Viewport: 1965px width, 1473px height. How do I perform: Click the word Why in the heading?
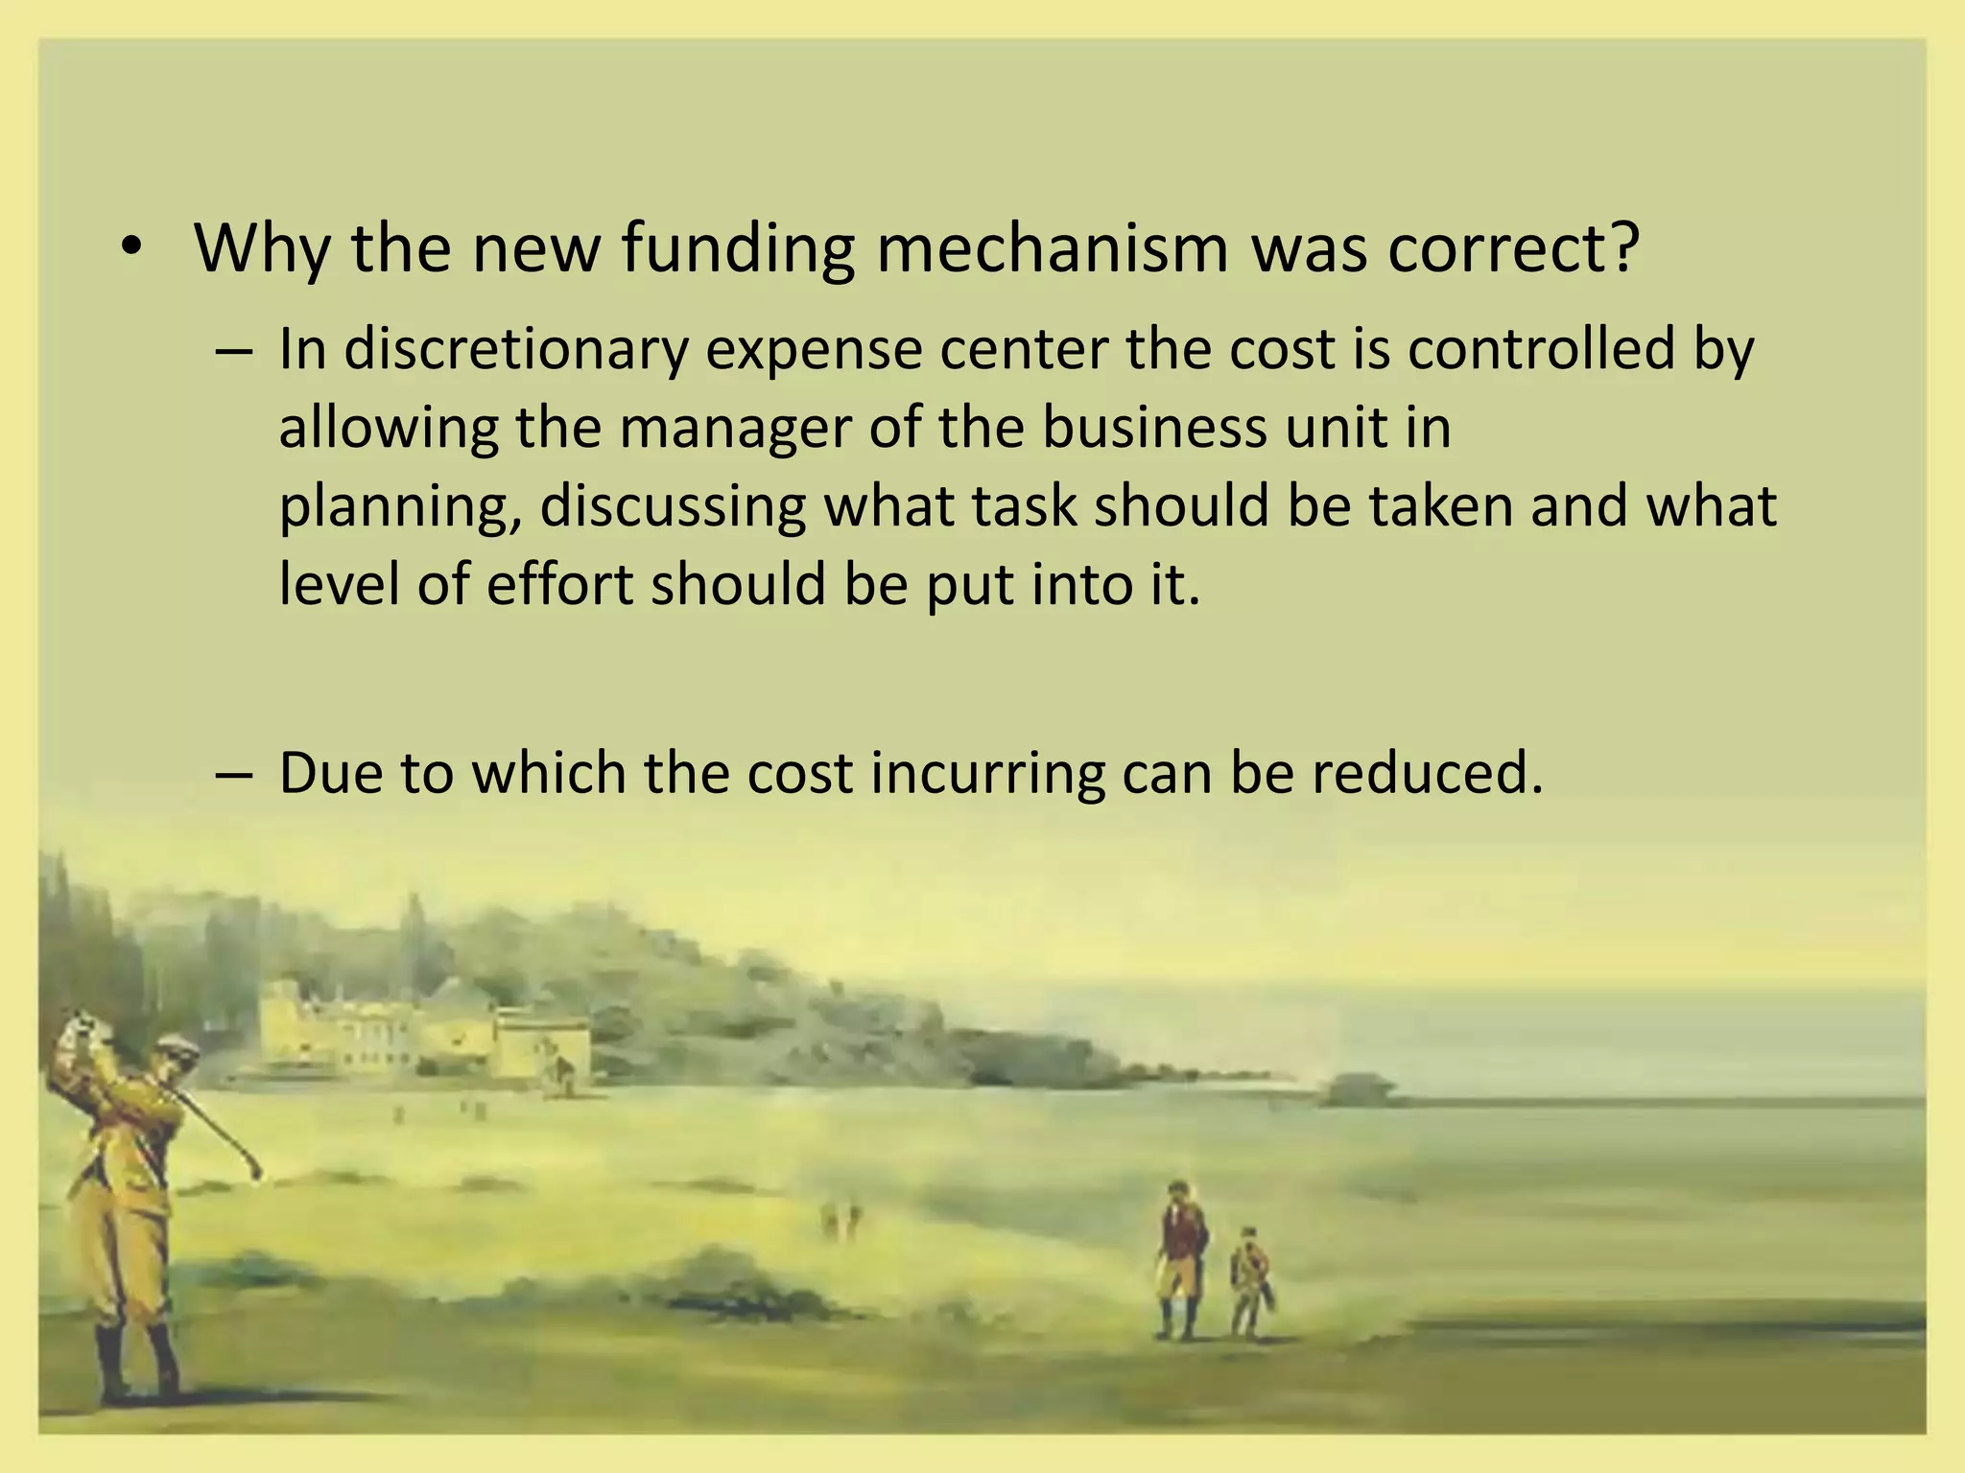[261, 249]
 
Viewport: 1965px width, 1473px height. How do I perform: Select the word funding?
[737, 247]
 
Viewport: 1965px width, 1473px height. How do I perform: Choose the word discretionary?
[516, 350]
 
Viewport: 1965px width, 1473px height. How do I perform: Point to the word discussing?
[672, 507]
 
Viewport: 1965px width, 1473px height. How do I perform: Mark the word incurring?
[988, 772]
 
